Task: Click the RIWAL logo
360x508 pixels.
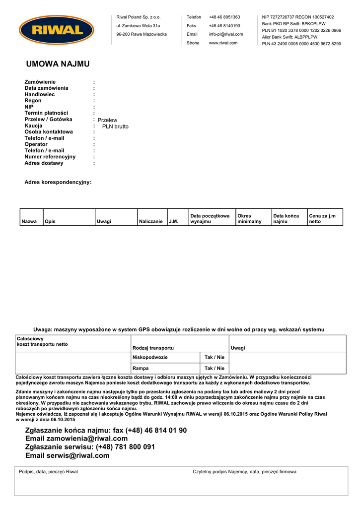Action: pyautogui.click(x=57, y=30)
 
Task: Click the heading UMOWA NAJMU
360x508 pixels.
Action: pyautogui.click(x=58, y=64)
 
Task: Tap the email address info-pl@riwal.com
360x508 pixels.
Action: pyautogui.click(x=226, y=34)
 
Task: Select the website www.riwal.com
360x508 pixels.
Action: pyautogui.click(x=223, y=43)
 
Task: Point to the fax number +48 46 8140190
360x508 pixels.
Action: pyautogui.click(x=224, y=26)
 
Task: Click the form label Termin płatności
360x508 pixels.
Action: pyautogui.click(x=46, y=113)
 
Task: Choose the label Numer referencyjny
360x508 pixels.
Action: pyautogui.click(x=50, y=157)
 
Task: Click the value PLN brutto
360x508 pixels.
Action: pyautogui.click(x=115, y=127)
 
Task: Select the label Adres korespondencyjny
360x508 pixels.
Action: pyautogui.click(x=58, y=183)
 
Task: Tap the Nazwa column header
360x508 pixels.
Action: pyautogui.click(x=29, y=221)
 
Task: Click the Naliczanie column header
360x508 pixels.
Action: pyautogui.click(x=151, y=221)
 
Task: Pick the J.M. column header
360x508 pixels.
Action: pyautogui.click(x=173, y=221)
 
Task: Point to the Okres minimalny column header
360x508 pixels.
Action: pyautogui.click(x=250, y=219)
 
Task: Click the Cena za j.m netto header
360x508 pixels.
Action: pyautogui.click(x=322, y=219)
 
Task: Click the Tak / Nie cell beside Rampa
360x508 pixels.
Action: pyautogui.click(x=215, y=368)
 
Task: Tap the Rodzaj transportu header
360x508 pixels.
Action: pyautogui.click(x=153, y=348)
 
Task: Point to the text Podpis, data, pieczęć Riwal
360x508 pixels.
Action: pyautogui.click(x=48, y=472)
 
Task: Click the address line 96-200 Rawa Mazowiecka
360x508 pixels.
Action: pyautogui.click(x=142, y=34)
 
